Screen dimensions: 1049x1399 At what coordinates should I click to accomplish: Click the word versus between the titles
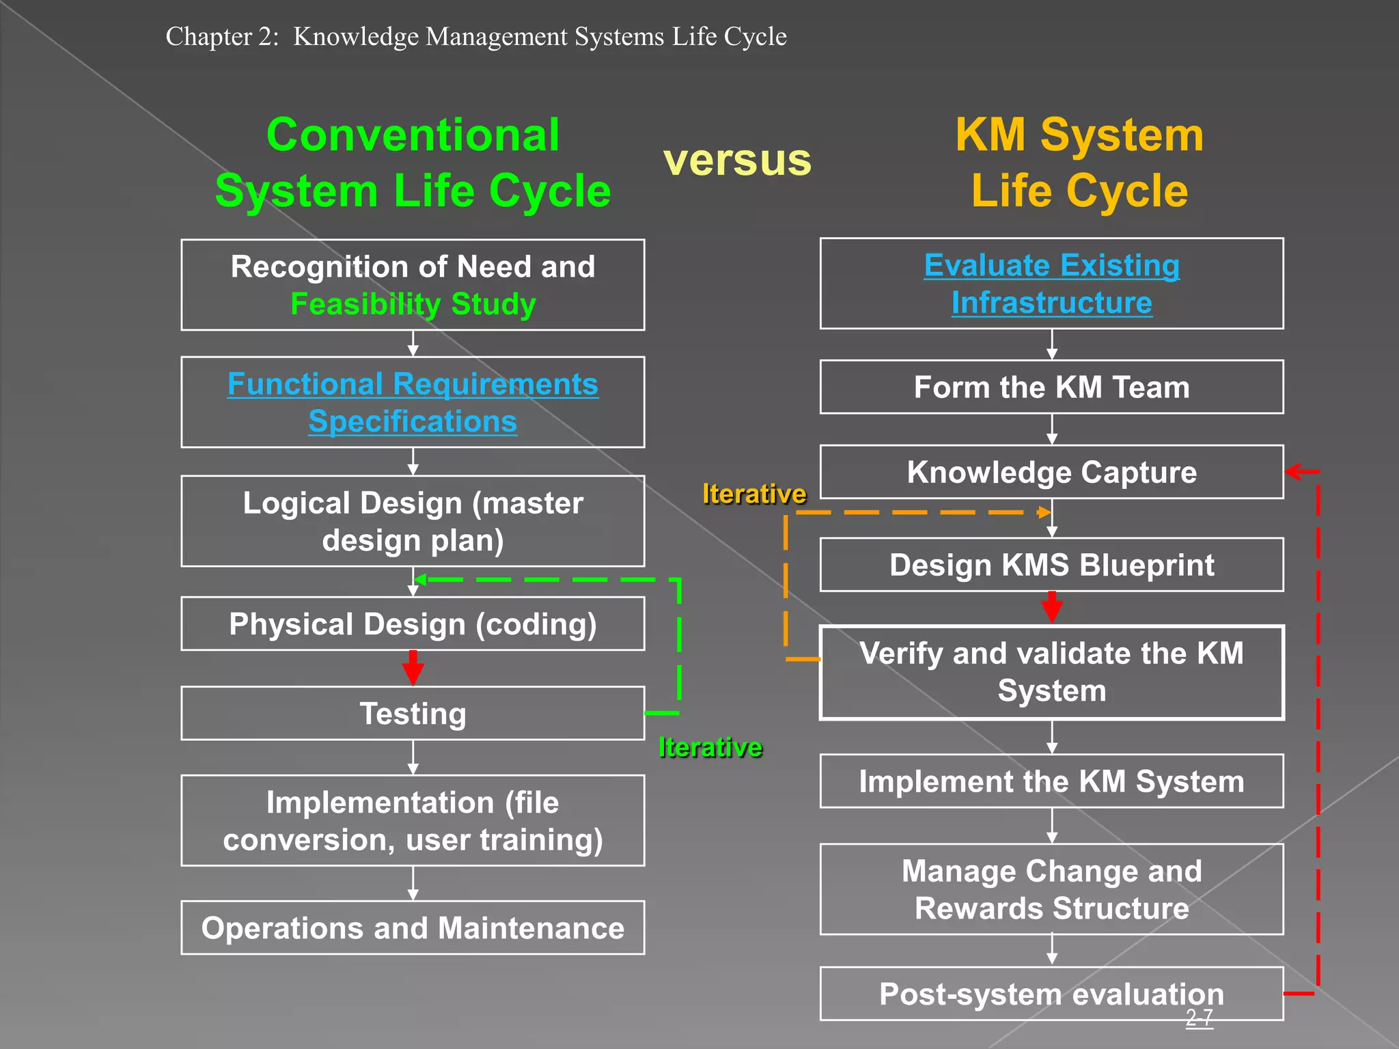coord(737,160)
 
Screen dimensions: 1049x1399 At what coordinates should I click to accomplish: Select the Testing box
coord(413,714)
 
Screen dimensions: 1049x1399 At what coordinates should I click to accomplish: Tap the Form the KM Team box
coord(1051,387)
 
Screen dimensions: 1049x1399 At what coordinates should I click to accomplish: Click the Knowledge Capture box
coord(1051,473)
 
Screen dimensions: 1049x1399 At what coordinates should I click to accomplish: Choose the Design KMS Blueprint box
coord(1051,565)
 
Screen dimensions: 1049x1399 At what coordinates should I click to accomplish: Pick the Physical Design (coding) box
coord(413,624)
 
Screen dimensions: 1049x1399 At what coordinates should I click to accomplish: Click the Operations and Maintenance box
coord(413,928)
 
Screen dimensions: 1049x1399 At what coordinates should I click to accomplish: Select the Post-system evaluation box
coord(1051,994)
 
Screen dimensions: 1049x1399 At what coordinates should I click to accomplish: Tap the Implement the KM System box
coord(1051,781)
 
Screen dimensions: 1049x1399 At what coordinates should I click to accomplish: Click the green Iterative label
coord(710,748)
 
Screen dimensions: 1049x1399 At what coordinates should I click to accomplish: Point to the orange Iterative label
coord(754,494)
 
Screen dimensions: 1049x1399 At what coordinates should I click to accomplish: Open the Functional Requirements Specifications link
coord(413,402)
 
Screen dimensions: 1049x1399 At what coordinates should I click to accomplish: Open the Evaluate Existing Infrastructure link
coord(1051,283)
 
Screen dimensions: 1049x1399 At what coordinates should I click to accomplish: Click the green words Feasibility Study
coord(413,304)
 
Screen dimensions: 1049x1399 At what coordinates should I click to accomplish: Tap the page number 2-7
coord(1199,1018)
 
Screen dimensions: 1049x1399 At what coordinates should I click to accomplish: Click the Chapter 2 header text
coord(476,36)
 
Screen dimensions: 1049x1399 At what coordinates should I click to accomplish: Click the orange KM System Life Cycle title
coord(1079,163)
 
